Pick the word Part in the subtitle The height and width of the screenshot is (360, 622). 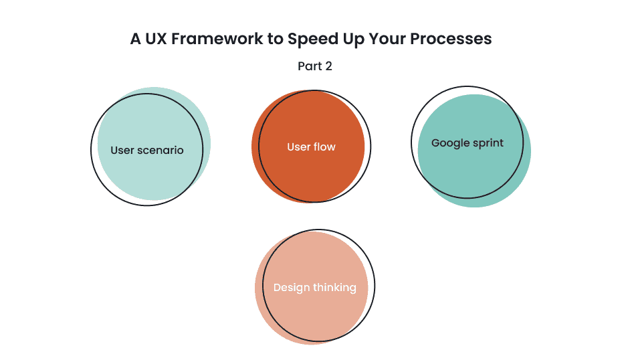(309, 66)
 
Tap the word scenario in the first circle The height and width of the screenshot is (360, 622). (161, 150)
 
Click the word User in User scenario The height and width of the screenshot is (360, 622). (122, 150)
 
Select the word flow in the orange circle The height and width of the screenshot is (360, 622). (324, 147)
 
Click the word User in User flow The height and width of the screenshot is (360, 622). (299, 147)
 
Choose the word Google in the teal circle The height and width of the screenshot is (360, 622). (449, 143)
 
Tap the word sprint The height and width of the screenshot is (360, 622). (488, 143)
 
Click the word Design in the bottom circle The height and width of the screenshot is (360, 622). (292, 288)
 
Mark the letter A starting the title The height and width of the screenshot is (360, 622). (136, 39)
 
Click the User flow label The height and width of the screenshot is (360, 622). (311, 147)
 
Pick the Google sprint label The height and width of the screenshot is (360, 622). (468, 143)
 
